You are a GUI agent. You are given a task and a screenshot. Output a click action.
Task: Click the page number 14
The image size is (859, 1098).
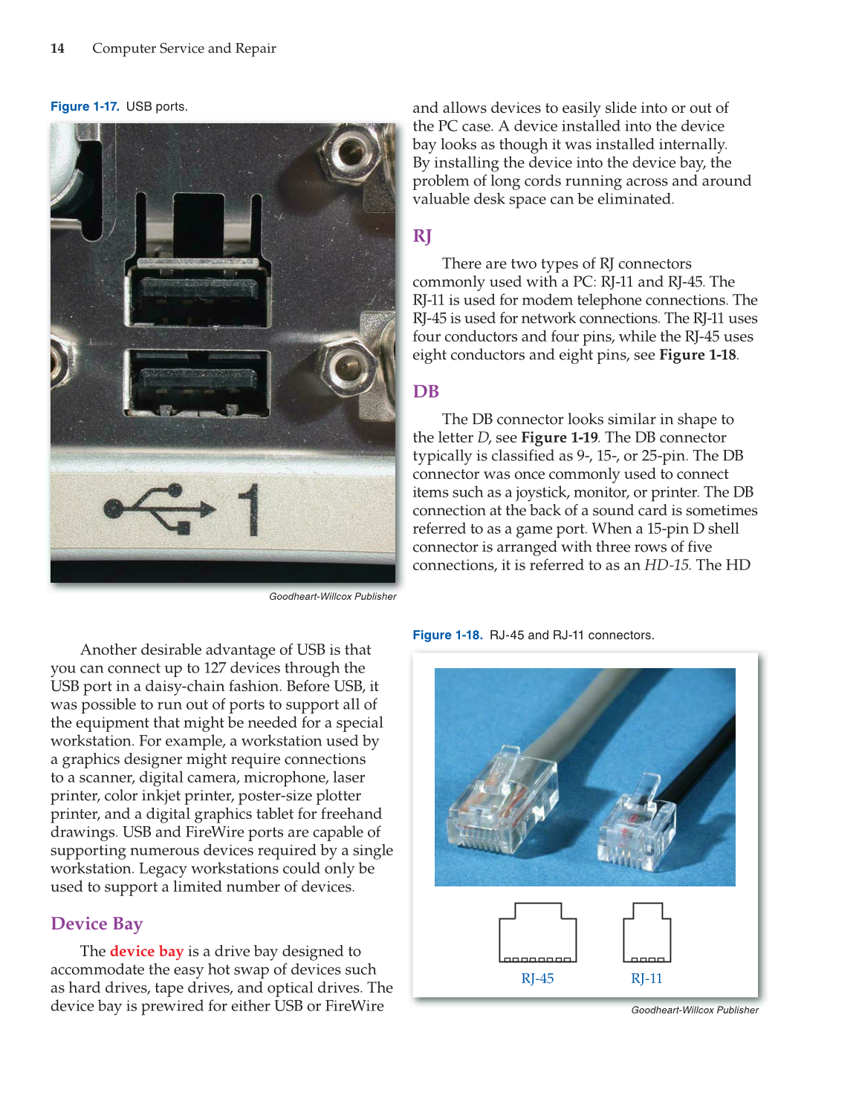pos(57,48)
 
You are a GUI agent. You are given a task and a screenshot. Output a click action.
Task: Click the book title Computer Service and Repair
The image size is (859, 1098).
pos(184,48)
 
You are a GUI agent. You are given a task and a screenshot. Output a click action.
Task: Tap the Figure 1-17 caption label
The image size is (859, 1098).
pos(85,106)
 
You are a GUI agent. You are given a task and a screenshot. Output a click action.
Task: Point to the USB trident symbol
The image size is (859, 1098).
pos(160,509)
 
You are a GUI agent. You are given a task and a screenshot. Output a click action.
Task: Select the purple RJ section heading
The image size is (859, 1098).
pos(422,236)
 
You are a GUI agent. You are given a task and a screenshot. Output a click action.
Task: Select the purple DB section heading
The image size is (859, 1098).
pos(426,391)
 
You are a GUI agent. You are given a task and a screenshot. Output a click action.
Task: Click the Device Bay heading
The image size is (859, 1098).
pos(97,924)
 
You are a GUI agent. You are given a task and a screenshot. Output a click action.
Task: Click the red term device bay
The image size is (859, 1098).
pos(146,951)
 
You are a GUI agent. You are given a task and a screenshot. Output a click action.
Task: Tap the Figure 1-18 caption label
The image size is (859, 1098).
pos(447,635)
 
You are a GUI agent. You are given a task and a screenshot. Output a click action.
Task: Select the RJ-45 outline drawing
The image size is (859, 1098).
pos(537,932)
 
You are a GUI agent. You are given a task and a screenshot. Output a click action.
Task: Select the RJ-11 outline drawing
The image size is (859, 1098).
pos(646,932)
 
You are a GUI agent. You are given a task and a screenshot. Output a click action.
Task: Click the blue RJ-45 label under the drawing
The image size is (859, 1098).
pos(537,978)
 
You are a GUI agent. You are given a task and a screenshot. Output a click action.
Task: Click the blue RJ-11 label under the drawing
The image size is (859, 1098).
pos(646,978)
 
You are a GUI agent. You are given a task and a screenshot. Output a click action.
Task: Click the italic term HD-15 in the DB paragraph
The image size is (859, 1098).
pos(667,565)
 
